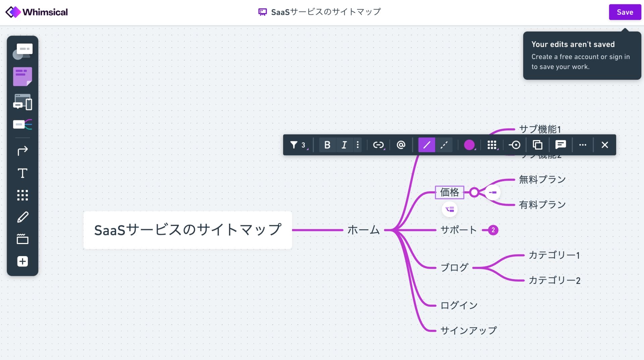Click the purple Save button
[625, 12]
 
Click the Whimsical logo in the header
[37, 12]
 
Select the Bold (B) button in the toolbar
[327, 145]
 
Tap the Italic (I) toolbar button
[344, 145]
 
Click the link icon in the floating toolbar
[378, 145]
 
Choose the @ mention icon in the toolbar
[401, 145]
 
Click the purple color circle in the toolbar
[469, 145]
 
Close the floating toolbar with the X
[604, 145]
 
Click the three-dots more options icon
[583, 145]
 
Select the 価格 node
[449, 192]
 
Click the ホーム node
[363, 230]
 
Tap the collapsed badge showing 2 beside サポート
[493, 230]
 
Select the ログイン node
[459, 305]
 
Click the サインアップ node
[468, 331]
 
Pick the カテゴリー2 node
[554, 280]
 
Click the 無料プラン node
[542, 180]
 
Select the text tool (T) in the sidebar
[22, 173]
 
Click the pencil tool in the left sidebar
[22, 217]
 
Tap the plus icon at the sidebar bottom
[22, 261]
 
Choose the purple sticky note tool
[22, 76]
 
